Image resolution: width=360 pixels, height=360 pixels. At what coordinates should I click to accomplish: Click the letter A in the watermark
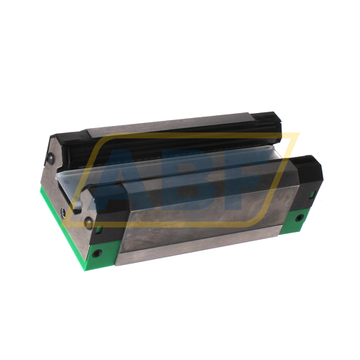click(123, 180)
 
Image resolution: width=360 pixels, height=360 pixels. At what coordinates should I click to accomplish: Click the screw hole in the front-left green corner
click(96, 253)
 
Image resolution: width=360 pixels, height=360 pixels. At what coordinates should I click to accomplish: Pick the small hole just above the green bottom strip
click(62, 211)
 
